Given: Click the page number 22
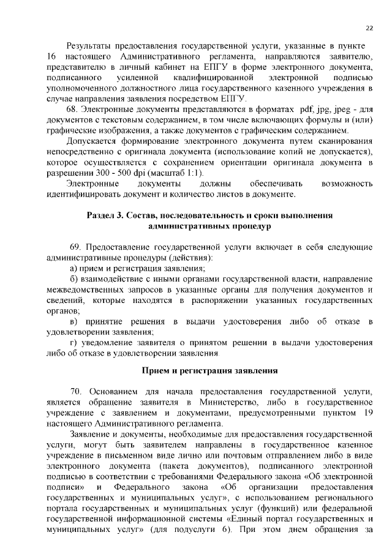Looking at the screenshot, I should tap(369, 28).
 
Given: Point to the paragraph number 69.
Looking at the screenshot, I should tap(75, 246).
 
